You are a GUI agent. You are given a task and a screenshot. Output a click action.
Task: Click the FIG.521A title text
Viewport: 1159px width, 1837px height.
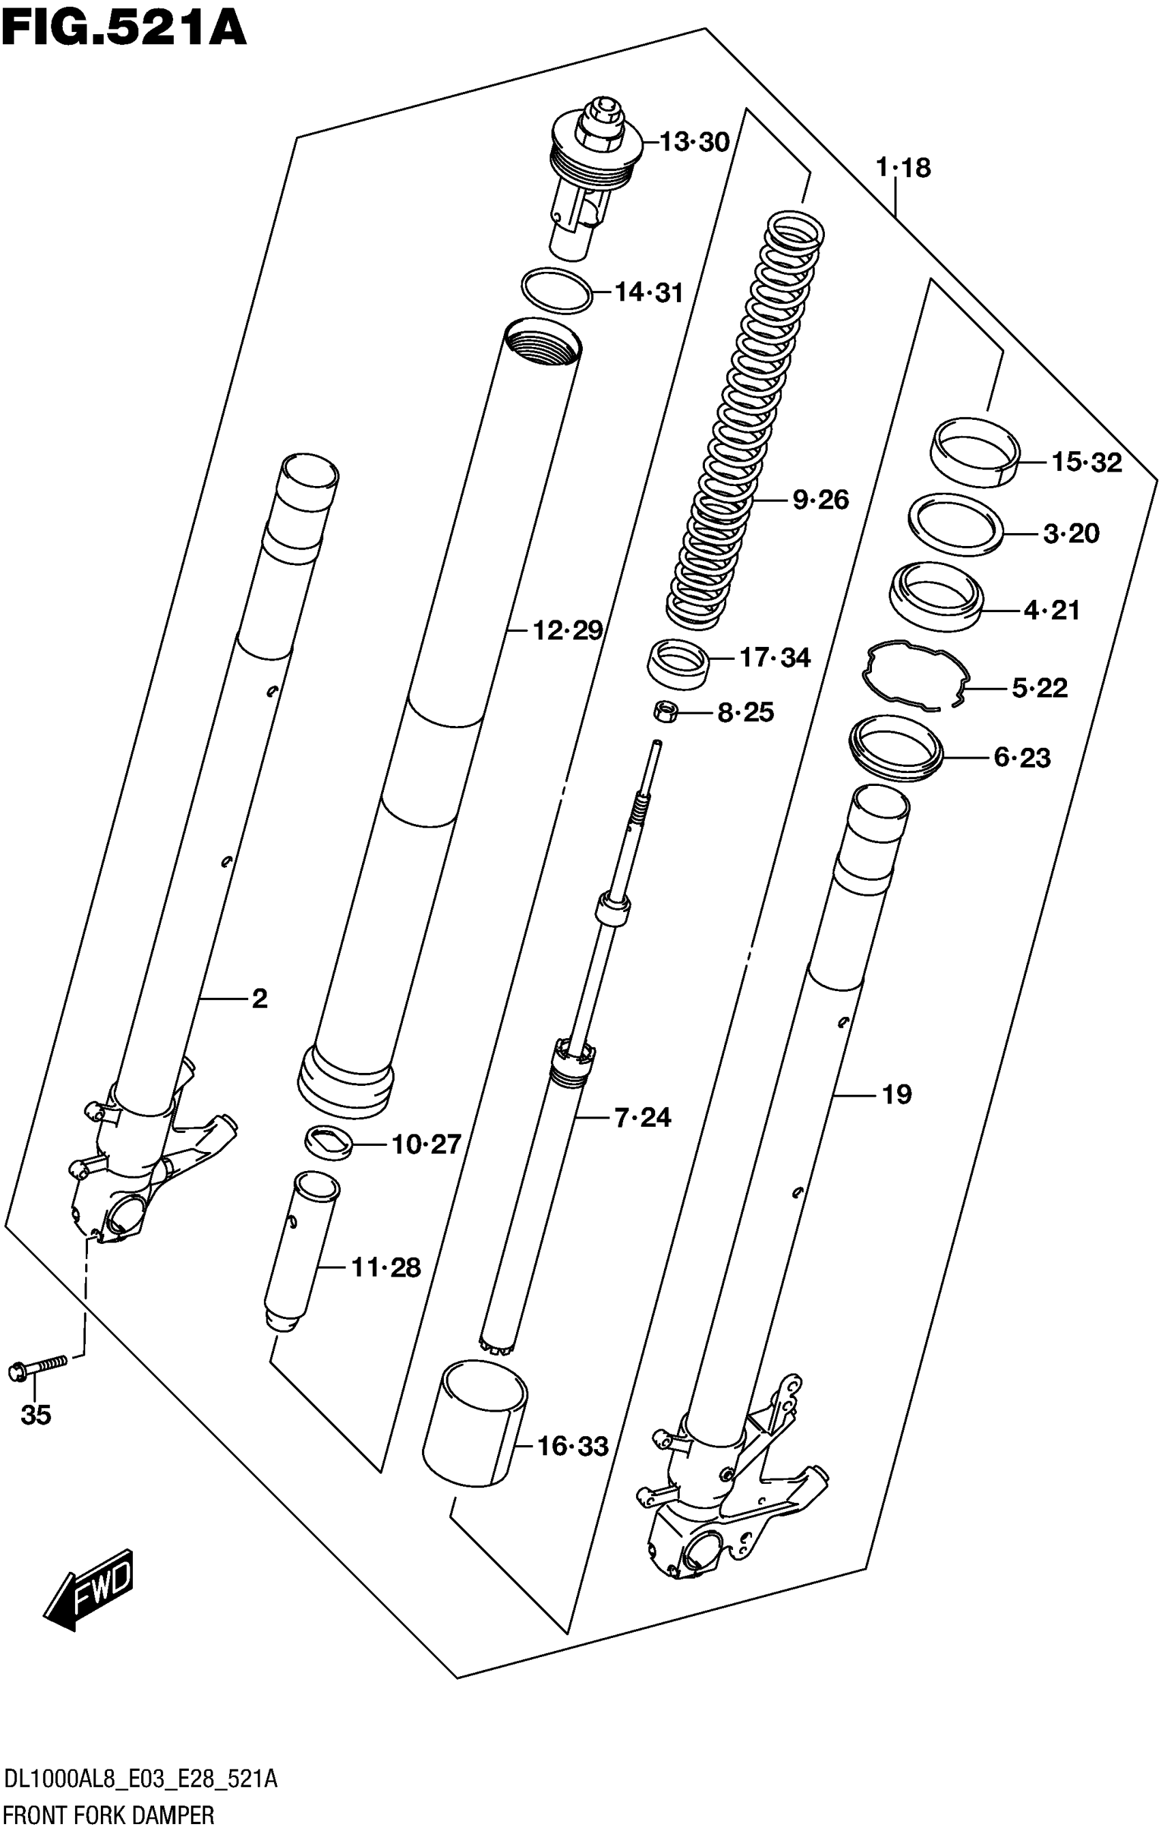click(x=124, y=31)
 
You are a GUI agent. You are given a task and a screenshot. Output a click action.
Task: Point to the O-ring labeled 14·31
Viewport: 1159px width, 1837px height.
click(x=557, y=290)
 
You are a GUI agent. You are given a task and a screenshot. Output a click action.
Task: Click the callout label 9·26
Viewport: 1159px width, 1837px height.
click(x=820, y=500)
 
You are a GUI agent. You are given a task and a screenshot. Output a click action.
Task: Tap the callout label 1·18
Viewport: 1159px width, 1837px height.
click(x=903, y=167)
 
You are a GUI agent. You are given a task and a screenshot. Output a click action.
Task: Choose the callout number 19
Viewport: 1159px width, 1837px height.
click(x=897, y=1095)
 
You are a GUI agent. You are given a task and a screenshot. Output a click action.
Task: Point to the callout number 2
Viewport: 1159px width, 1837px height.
click(x=260, y=999)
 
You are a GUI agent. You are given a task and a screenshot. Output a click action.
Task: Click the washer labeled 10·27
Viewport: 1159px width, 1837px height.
click(x=329, y=1142)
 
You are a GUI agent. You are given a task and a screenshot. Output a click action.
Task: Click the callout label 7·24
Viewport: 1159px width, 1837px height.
click(x=642, y=1118)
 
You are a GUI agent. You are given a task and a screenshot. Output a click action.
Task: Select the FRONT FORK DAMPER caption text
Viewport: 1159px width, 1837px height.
click(x=108, y=1817)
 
